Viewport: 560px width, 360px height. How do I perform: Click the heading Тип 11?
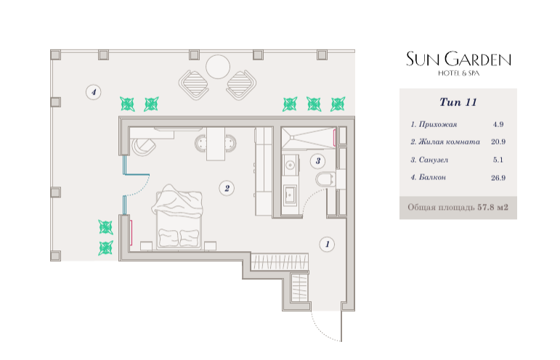tap(458, 102)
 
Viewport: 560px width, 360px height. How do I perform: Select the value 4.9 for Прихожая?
tap(498, 124)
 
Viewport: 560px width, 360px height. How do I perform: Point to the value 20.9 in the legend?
tap(498, 142)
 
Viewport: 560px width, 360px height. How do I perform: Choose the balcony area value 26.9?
tap(498, 178)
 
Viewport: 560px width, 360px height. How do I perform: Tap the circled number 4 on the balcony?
tap(94, 92)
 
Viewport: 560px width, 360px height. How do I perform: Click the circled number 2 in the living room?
tap(227, 188)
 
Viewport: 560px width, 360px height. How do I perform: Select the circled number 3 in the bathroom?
tap(318, 160)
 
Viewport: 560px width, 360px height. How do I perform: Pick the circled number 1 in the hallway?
tap(327, 245)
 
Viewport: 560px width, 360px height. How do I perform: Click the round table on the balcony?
tap(217, 67)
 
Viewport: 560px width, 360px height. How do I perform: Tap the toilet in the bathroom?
tap(325, 179)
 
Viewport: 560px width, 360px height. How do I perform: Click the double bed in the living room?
tap(178, 216)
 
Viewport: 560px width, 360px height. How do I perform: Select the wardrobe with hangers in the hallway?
tap(280, 261)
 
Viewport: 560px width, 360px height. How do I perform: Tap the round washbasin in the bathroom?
tap(290, 165)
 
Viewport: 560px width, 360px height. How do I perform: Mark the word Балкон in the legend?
tap(432, 177)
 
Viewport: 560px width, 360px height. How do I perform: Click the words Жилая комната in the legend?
tap(449, 142)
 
